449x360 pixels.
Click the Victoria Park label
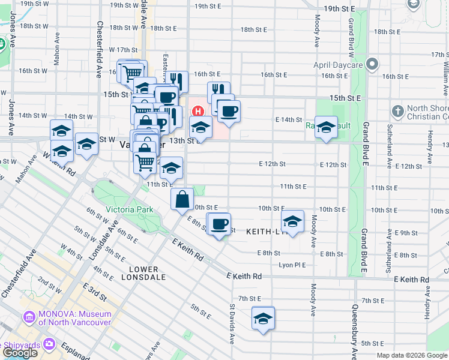point(129,209)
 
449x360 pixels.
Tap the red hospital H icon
point(197,111)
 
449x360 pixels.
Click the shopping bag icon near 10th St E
point(181,199)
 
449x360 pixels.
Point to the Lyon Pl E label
point(292,265)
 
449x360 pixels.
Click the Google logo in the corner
point(19,353)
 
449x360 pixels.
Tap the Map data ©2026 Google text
point(412,355)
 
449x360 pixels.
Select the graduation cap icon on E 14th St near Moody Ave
point(326,127)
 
